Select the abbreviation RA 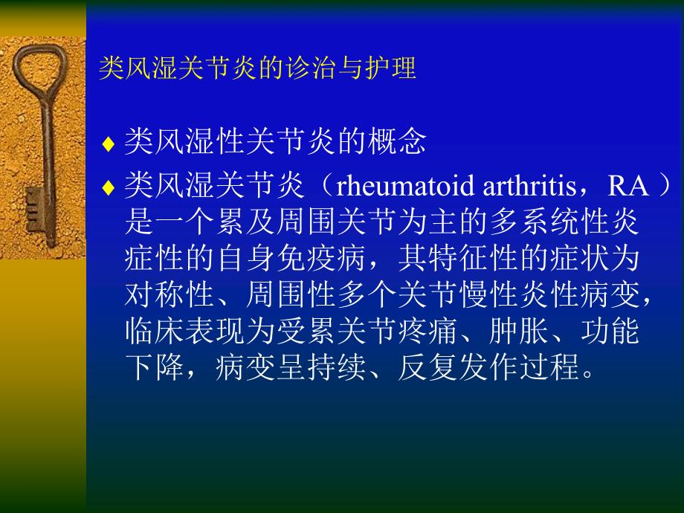click(628, 186)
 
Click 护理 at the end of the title click(398, 68)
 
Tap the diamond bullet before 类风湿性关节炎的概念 click(108, 143)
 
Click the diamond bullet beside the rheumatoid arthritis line click(108, 188)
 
